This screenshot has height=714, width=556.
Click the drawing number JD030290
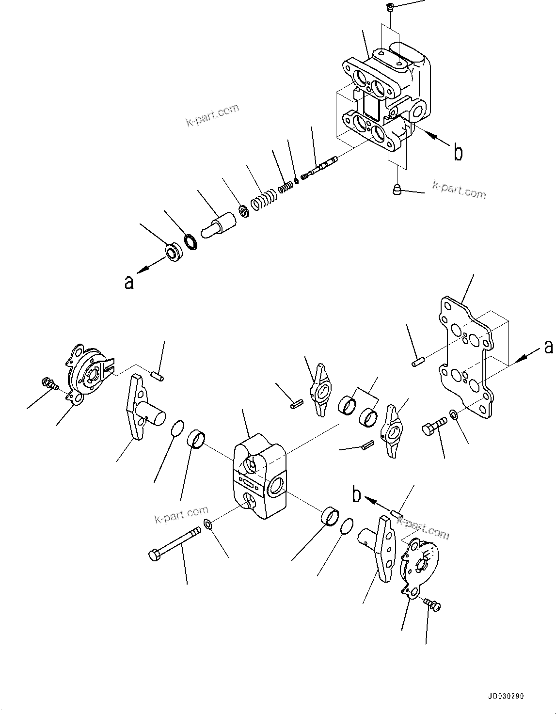pyautogui.click(x=504, y=696)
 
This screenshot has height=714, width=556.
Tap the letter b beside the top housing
pyautogui.click(x=457, y=152)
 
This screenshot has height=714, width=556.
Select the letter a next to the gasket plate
pyautogui.click(x=548, y=347)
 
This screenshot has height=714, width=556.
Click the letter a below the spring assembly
pyautogui.click(x=128, y=282)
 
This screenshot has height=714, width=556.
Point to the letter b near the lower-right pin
pyautogui.click(x=357, y=494)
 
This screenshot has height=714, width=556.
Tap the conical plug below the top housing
pyautogui.click(x=396, y=189)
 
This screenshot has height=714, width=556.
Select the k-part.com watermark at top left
pyautogui.click(x=212, y=115)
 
